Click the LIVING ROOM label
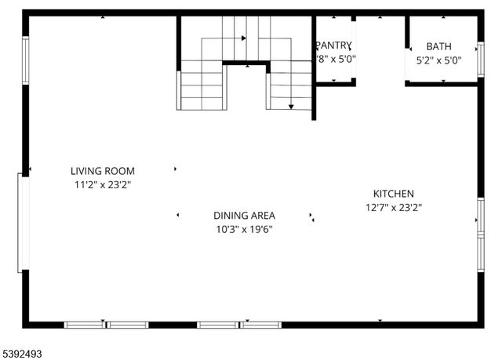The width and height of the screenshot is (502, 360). tap(102, 171)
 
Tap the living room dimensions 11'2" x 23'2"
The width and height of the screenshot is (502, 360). tap(102, 185)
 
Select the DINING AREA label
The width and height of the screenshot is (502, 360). tap(244, 215)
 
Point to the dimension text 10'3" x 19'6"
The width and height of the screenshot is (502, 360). tap(244, 229)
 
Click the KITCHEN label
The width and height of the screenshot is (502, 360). tap(393, 194)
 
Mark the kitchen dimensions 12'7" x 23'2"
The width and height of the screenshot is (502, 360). tap(393, 208)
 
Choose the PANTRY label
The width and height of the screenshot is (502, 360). tap(334, 45)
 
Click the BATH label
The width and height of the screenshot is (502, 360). tap(438, 46)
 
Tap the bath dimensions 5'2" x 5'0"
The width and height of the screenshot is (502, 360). tap(438, 60)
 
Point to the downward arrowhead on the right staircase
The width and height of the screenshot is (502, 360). tap(291, 106)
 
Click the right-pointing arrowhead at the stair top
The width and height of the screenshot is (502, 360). tap(244, 37)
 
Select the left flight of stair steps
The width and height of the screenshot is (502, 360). tap(202, 89)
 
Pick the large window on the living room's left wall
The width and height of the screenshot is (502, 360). tap(24, 224)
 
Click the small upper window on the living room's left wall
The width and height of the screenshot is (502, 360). tap(26, 60)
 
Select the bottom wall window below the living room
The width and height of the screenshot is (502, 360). tap(106, 324)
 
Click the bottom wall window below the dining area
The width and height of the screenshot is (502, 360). tap(239, 324)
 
